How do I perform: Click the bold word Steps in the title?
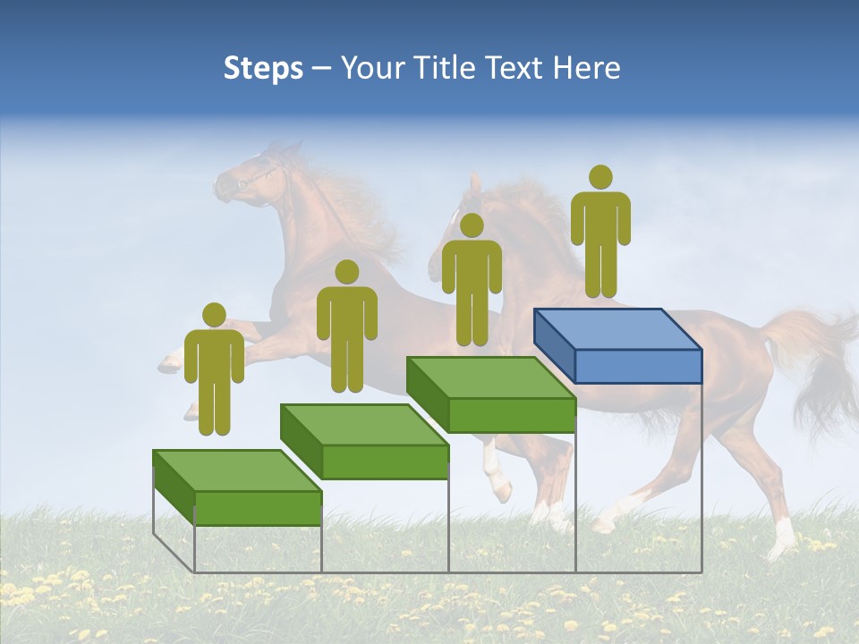point(263,68)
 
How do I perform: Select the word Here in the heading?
point(587,68)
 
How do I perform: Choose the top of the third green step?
point(490,377)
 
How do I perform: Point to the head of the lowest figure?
point(214,315)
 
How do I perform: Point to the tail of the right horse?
point(814,358)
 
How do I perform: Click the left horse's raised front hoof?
point(170,362)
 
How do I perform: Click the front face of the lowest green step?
point(258,509)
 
